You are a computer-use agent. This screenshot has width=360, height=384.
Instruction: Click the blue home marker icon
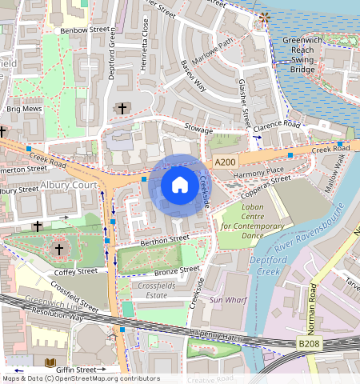point(180,186)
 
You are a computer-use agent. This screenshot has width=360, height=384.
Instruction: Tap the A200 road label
point(226,162)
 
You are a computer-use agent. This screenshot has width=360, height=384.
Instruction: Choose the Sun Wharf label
point(227,300)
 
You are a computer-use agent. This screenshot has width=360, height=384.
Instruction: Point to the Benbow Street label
point(85,30)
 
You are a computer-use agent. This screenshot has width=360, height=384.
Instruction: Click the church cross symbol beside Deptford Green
point(122,108)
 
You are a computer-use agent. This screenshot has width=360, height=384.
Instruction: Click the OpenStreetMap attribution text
point(81,378)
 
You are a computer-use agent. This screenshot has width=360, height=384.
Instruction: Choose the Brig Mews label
point(22,107)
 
